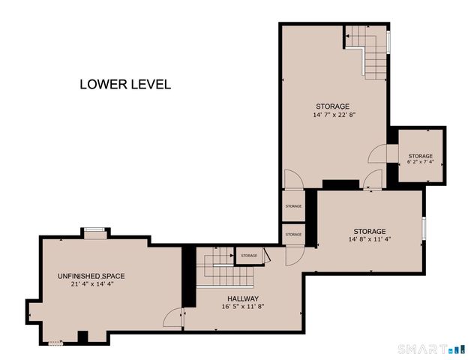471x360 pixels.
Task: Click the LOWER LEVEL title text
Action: pos(125,85)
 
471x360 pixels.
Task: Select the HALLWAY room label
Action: pos(243,298)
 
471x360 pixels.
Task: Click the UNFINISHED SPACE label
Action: pos(91,276)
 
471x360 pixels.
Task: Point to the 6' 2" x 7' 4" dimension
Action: pos(421,162)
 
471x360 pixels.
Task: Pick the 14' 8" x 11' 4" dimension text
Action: pos(370,239)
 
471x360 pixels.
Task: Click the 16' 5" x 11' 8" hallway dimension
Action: pos(243,307)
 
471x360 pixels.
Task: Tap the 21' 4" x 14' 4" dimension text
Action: pos(92,284)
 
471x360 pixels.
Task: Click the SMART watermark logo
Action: pos(432,349)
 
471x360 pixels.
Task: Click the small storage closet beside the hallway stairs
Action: pos(249,256)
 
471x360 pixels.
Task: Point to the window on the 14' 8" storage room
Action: pos(424,228)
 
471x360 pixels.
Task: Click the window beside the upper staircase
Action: pos(388,42)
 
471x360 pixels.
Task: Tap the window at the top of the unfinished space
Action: pos(94,230)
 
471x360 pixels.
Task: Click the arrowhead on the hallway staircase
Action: pos(232,256)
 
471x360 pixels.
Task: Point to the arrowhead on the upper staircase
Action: pos(347,36)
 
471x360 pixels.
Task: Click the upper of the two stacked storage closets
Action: pos(293,206)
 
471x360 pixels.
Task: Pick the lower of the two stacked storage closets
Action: pos(293,235)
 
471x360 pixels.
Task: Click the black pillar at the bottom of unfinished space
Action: pos(82,337)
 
